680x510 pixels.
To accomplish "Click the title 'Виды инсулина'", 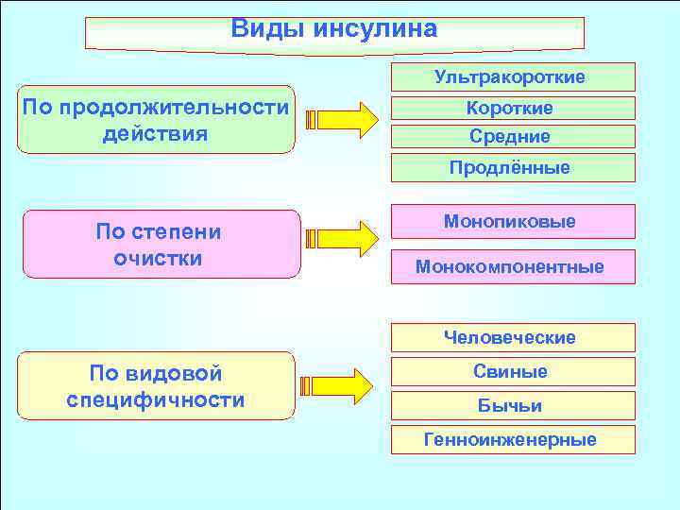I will point(334,29).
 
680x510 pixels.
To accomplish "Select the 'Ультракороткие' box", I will point(510,76).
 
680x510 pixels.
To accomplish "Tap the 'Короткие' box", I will point(510,109).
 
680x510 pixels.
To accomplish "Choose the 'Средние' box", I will point(510,137).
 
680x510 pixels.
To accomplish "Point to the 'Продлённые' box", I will point(510,167).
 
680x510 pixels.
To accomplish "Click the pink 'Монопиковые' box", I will point(510,221).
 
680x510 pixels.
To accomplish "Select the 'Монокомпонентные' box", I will point(510,266).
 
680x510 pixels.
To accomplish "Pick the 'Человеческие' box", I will point(510,337).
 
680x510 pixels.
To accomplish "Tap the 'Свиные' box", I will point(510,371).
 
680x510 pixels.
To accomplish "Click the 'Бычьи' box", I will point(510,405).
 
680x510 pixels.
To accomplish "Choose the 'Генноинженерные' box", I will point(510,439).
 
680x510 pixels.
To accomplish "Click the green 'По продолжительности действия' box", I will point(156,121).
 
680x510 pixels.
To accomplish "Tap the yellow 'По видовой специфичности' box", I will point(156,385).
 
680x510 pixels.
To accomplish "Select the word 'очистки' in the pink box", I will point(159,258).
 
